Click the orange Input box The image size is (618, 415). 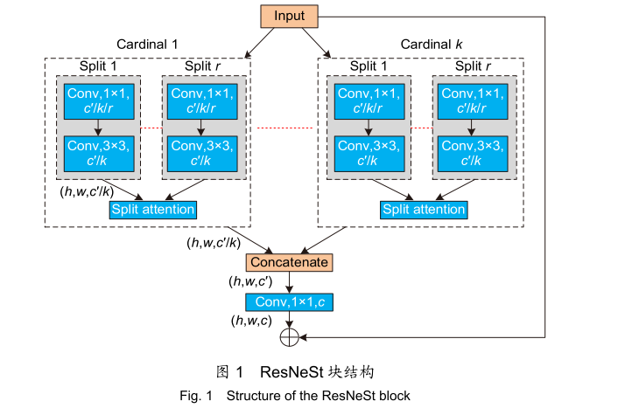coord(288,17)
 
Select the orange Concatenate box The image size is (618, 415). coord(289,262)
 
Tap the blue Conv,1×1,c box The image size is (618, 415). coord(289,301)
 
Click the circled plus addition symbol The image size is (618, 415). coord(289,336)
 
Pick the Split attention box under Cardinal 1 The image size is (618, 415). coord(153,210)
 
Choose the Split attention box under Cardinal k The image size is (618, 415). coord(425,210)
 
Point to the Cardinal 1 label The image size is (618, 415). coord(147,44)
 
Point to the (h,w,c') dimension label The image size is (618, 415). coord(254,281)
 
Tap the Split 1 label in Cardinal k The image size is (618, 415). coord(369,66)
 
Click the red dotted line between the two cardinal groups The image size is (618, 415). coord(284,128)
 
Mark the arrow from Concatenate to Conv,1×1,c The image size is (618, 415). coord(289,282)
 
